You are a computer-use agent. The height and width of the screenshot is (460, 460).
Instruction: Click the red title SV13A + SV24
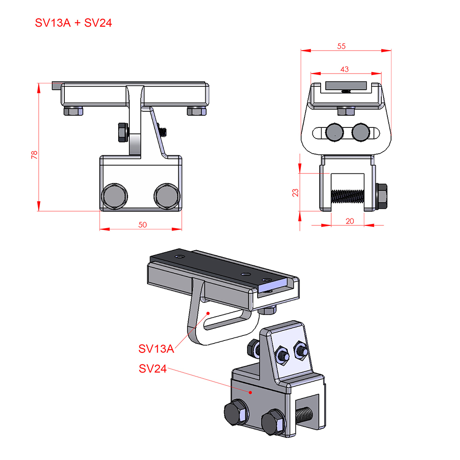73,23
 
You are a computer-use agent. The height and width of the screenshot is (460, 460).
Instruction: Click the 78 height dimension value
34,155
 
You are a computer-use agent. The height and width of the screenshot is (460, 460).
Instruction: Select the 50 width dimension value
143,225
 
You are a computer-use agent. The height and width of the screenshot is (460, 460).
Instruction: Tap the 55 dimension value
341,46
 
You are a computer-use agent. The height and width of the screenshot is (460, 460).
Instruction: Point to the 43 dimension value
345,69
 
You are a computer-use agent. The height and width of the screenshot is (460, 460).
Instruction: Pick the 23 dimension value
295,193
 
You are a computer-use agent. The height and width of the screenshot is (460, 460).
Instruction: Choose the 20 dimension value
350,221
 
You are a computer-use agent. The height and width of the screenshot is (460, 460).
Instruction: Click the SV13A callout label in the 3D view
156,349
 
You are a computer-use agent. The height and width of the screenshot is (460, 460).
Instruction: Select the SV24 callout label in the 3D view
153,369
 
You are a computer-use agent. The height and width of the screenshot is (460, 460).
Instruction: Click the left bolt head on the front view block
115,196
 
